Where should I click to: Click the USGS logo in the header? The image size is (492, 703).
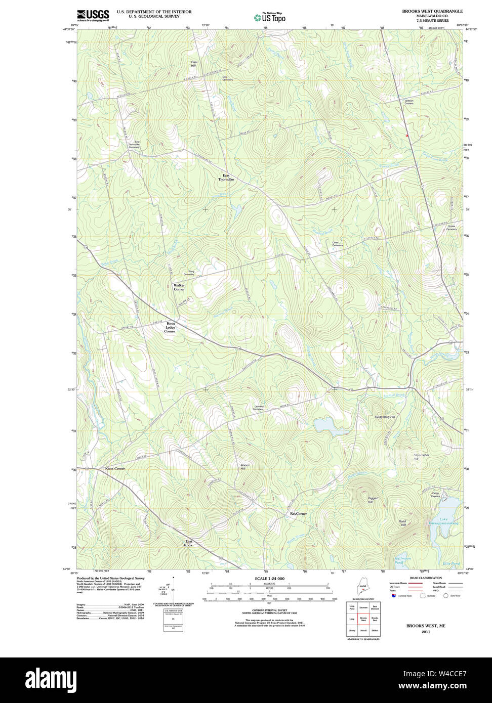click(93, 16)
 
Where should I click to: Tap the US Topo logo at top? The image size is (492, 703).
click(270, 18)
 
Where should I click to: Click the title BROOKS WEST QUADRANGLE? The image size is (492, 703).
click(432, 11)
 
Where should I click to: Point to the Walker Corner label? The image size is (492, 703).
click(179, 287)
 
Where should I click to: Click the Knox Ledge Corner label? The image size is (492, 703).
click(170, 327)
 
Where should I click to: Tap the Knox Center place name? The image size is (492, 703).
click(115, 469)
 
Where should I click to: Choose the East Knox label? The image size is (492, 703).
click(188, 543)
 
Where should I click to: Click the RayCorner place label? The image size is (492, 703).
click(298, 513)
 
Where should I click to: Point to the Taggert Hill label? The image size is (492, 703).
click(373, 500)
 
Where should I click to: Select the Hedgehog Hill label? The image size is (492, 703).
click(384, 416)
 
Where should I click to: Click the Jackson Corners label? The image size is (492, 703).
click(409, 102)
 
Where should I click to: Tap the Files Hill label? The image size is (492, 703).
click(193, 64)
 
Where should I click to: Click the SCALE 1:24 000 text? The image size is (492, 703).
click(269, 579)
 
